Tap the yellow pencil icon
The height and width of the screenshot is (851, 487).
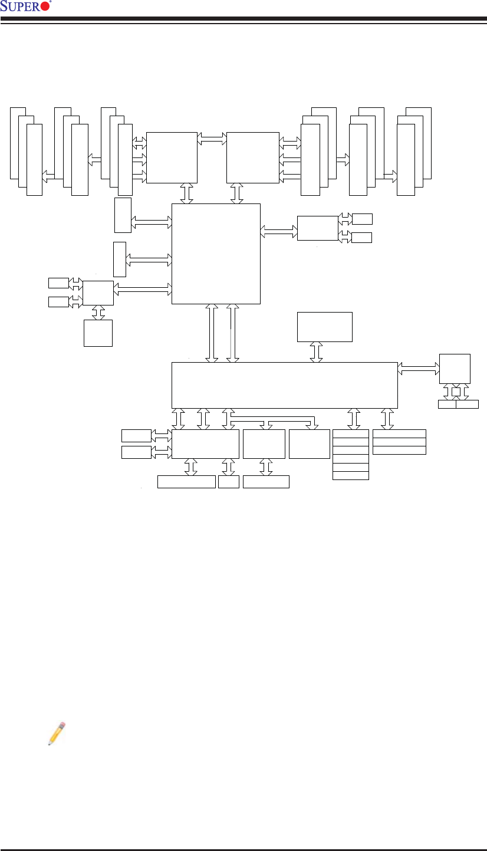click(x=56, y=733)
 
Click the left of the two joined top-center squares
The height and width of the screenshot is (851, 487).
click(x=172, y=157)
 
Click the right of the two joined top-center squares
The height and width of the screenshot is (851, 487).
click(x=252, y=157)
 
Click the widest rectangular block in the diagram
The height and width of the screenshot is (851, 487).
click(x=284, y=385)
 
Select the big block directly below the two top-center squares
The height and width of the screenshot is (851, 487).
click(x=215, y=254)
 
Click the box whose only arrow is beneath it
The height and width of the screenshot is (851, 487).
click(x=324, y=327)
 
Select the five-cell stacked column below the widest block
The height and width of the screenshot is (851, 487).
click(x=351, y=455)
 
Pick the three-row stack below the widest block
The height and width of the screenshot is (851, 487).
click(x=400, y=442)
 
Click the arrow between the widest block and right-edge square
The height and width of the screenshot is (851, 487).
click(x=419, y=367)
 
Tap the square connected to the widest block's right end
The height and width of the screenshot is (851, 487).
click(x=455, y=369)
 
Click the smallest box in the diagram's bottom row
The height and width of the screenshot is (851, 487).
click(x=228, y=482)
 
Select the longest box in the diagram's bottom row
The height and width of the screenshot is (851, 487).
click(x=186, y=482)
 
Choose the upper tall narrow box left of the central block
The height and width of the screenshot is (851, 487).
click(x=123, y=215)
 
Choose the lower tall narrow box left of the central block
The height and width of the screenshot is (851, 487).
click(x=120, y=259)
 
